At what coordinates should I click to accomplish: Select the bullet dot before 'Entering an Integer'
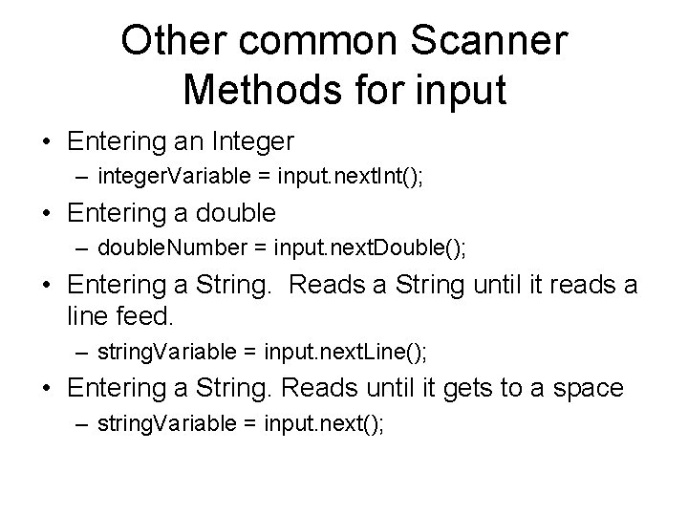pyautogui.click(x=46, y=143)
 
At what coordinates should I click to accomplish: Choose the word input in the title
pyautogui.click(x=456, y=91)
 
